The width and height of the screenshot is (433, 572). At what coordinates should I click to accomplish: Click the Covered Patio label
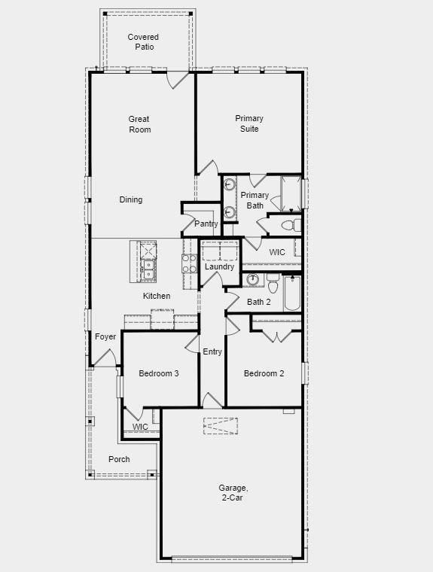[x=143, y=41]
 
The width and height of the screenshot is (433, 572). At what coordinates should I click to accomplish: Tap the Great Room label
[x=139, y=124]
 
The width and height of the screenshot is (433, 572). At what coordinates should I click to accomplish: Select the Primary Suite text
[x=249, y=123]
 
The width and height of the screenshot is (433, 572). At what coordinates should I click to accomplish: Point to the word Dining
[x=131, y=199]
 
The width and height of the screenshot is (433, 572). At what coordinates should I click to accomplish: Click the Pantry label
[x=206, y=224]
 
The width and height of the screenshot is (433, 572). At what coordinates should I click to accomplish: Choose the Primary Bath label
[x=255, y=200]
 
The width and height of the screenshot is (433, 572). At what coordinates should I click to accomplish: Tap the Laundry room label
[x=219, y=266]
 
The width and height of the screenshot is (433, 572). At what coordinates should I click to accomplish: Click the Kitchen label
[x=157, y=296]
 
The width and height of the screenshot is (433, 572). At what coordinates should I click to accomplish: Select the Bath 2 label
[x=259, y=302]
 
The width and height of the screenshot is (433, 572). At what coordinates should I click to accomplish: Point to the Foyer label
[x=105, y=336]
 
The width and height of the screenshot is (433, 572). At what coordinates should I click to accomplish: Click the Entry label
[x=212, y=351]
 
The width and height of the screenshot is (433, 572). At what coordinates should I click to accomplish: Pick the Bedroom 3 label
[x=158, y=373]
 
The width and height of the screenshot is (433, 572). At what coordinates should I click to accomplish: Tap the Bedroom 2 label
[x=264, y=373]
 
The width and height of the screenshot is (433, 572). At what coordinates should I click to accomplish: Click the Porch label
[x=119, y=458]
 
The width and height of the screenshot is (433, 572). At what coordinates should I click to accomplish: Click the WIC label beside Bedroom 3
[x=140, y=427]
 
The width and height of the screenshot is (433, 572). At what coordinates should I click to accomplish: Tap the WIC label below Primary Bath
[x=277, y=252]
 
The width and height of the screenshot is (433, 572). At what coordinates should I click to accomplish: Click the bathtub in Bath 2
[x=292, y=294]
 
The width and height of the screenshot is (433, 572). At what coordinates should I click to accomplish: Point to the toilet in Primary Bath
[x=289, y=224]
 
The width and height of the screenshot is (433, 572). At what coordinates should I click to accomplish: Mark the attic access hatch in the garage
[x=220, y=425]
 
